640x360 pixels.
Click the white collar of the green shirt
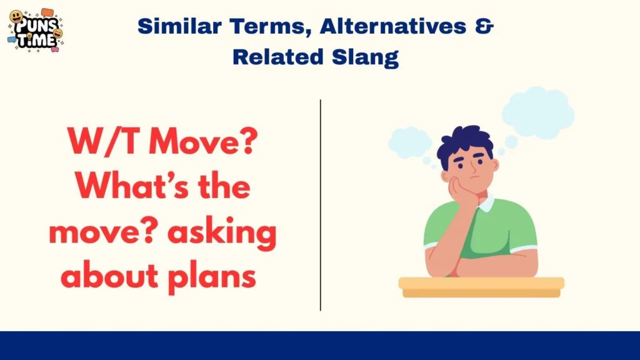[x=484, y=202]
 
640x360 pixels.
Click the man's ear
[x=496, y=167]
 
